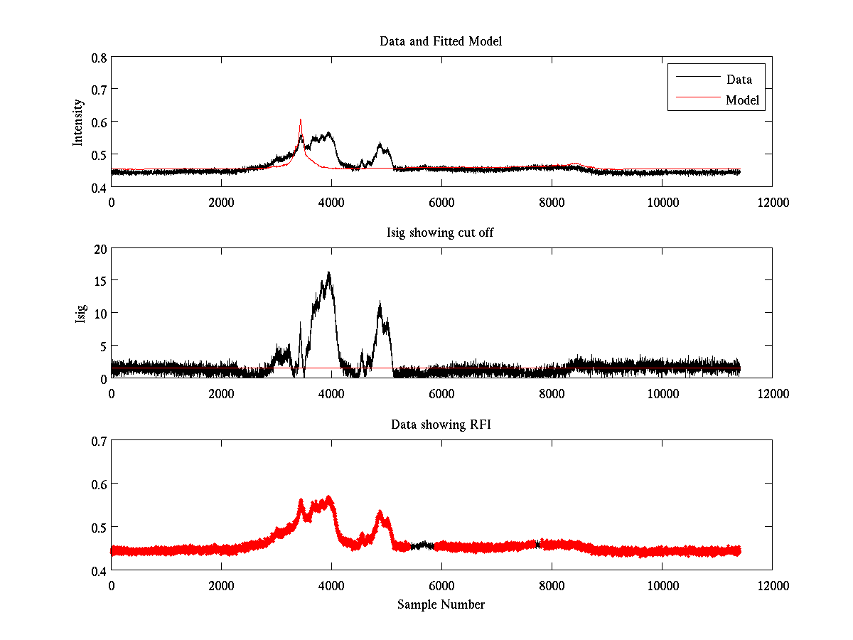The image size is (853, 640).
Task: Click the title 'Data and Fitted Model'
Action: pyautogui.click(x=441, y=41)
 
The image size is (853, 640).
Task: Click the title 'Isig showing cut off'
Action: pyautogui.click(x=441, y=233)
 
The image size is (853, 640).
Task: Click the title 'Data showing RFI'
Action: pyautogui.click(x=441, y=425)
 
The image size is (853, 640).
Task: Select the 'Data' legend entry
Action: pyautogui.click(x=739, y=80)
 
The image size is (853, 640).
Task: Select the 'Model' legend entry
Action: pyautogui.click(x=742, y=100)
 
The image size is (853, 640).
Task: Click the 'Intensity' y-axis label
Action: pyautogui.click(x=79, y=122)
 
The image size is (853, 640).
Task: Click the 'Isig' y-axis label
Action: pyautogui.click(x=80, y=313)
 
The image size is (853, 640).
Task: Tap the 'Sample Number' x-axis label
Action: pyautogui.click(x=441, y=605)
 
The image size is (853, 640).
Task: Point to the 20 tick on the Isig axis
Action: pyautogui.click(x=99, y=248)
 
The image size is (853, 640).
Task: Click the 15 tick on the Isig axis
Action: pyautogui.click(x=99, y=281)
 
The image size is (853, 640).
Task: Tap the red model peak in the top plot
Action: pyautogui.click(x=301, y=121)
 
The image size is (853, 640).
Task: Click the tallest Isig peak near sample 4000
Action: pyautogui.click(x=328, y=274)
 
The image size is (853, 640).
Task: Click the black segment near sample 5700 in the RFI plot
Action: pyautogui.click(x=424, y=545)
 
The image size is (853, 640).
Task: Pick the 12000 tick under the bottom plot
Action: pyautogui.click(x=772, y=585)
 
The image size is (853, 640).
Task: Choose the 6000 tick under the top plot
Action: pyautogui.click(x=441, y=201)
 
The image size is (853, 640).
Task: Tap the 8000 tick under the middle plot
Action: pyautogui.click(x=552, y=393)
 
